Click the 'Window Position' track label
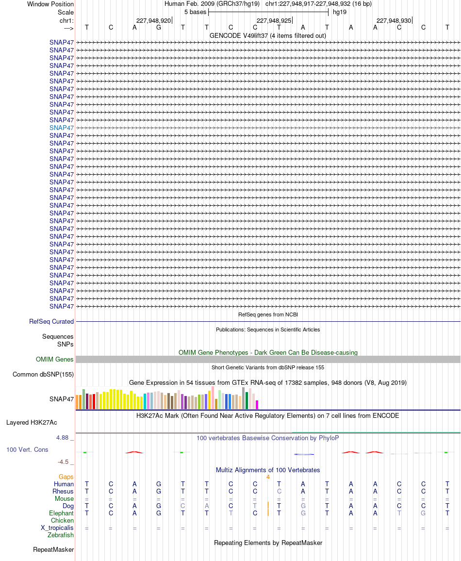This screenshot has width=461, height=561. point(50,4)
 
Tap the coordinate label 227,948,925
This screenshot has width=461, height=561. point(274,21)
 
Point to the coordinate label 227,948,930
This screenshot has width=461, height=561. point(394,21)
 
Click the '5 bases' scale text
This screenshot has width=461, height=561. point(195,12)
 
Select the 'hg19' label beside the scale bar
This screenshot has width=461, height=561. point(339,12)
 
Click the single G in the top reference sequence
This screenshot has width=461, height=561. point(158,28)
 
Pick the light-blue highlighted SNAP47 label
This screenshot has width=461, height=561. point(62,128)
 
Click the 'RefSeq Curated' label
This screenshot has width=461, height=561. point(51,322)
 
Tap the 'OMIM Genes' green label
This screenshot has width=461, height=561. point(54,359)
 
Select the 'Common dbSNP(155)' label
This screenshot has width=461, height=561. point(43,375)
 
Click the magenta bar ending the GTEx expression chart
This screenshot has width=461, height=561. point(257,405)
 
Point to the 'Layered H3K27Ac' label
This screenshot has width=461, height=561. point(32,423)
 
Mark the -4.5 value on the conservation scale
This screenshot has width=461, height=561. point(63,462)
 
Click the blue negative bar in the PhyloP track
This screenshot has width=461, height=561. point(304,454)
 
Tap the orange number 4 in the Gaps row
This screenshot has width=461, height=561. point(268,477)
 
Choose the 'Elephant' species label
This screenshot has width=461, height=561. point(61,513)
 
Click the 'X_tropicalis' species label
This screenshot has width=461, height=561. point(57,528)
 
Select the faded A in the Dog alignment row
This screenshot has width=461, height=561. point(207,506)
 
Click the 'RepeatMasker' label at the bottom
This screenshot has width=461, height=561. point(53,549)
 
